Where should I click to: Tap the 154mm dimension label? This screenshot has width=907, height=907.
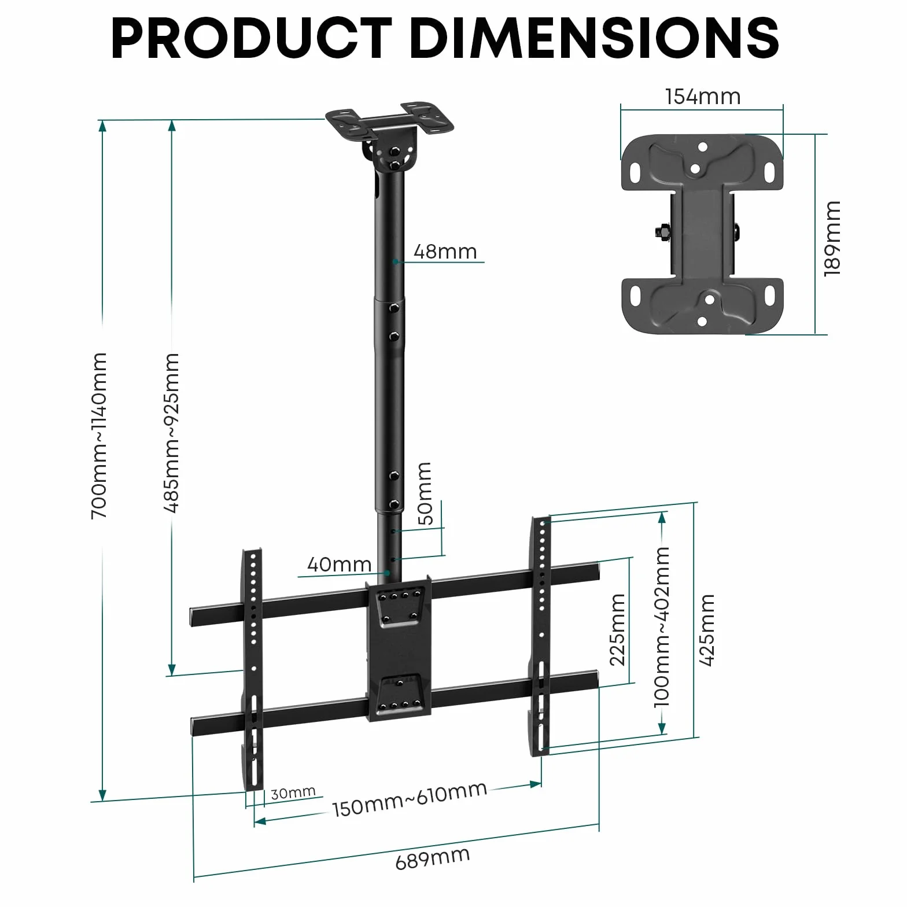coord(703,97)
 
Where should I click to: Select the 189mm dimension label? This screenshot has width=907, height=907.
coord(832,238)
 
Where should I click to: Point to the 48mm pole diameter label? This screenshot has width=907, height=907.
coord(445,252)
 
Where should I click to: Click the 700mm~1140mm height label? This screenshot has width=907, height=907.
coord(99,436)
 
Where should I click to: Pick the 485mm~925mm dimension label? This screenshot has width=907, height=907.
coord(171,433)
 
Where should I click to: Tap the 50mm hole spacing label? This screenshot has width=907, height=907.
coord(424,493)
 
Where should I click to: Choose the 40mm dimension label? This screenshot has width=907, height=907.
coord(339,564)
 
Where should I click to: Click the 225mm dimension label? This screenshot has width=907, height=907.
coord(618,629)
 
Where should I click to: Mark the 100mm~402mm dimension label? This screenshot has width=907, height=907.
coord(661,626)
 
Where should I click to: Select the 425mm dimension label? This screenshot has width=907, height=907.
coord(707,630)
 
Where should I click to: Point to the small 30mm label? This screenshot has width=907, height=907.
coord(293,792)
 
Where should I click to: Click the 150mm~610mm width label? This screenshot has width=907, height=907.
coord(410,799)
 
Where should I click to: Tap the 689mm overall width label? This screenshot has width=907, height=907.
coord(433,858)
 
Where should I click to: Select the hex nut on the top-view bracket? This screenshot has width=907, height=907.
coord(661,232)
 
